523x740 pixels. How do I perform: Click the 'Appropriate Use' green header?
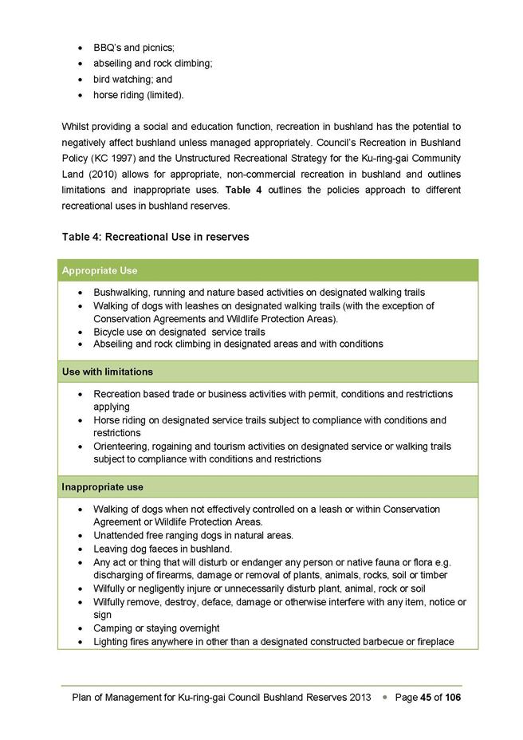(100, 271)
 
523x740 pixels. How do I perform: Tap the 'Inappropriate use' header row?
(102, 486)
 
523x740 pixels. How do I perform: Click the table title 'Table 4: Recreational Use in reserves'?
(155, 237)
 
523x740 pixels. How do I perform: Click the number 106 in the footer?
(453, 698)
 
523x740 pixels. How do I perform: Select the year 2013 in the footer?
(360, 698)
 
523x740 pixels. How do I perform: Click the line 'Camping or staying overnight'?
(156, 628)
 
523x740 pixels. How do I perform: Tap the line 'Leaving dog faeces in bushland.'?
(163, 549)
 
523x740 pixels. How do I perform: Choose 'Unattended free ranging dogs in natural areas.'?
(193, 535)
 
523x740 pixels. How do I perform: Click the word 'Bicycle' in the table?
(110, 332)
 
